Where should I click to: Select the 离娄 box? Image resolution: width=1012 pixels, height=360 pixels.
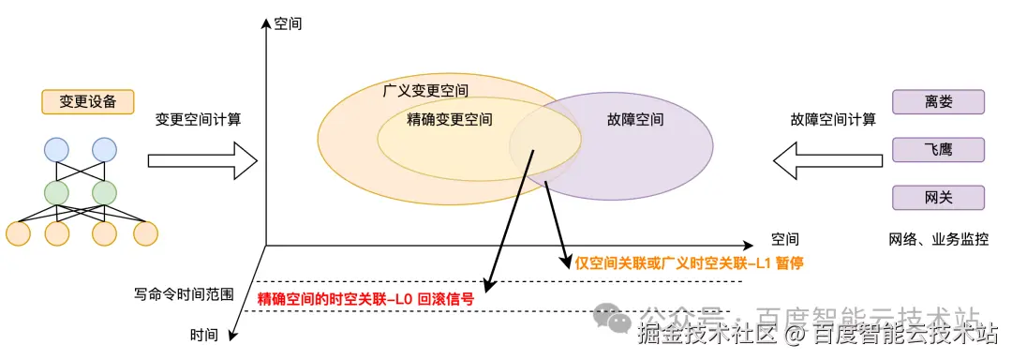click(x=938, y=101)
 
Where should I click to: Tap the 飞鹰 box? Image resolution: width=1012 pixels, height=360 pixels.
click(x=938, y=149)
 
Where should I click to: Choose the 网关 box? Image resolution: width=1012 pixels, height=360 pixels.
click(x=938, y=197)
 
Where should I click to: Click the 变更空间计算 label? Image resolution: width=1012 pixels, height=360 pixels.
click(x=198, y=120)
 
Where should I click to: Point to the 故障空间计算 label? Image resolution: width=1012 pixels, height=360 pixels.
click(x=833, y=120)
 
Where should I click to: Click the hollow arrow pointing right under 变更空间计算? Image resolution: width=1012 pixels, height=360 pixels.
click(x=202, y=159)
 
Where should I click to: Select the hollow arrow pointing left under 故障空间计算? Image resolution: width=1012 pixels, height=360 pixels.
click(x=829, y=159)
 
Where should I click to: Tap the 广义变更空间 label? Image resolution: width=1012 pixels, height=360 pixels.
click(x=426, y=91)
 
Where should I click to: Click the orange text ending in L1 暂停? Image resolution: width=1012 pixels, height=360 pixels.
click(x=691, y=263)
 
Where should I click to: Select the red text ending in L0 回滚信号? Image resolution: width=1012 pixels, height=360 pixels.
click(x=365, y=299)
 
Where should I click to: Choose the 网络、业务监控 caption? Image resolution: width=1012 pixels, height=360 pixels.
click(x=937, y=239)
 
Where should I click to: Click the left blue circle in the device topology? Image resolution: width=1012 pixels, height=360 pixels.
click(x=56, y=149)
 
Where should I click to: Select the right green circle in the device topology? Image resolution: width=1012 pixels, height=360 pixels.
click(x=104, y=193)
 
